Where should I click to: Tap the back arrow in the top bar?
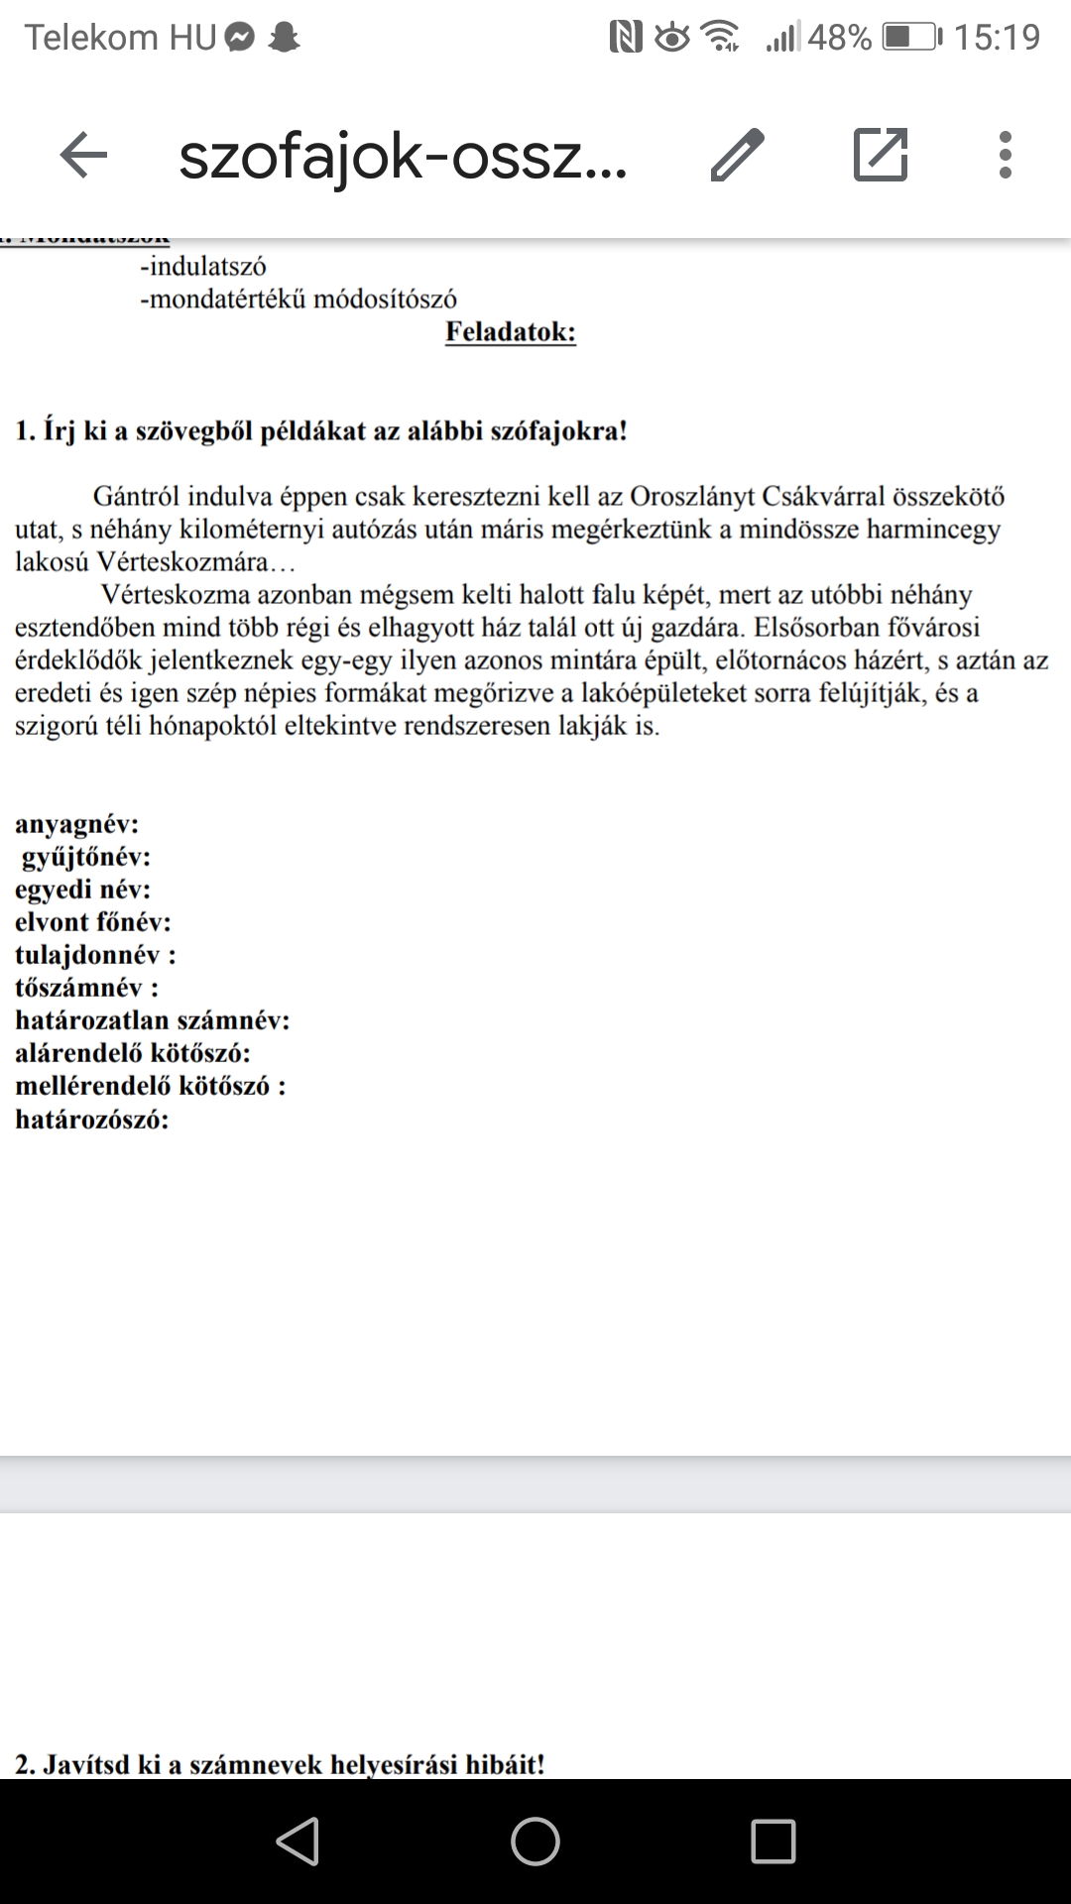(x=83, y=156)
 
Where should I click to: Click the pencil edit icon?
(x=737, y=156)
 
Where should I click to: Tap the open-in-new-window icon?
(x=881, y=156)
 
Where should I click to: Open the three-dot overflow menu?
(x=1005, y=156)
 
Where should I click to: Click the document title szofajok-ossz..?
(x=403, y=158)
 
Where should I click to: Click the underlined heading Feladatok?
(x=510, y=331)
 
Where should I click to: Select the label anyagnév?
(x=76, y=824)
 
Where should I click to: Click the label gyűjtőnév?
(x=86, y=857)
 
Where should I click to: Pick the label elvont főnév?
(x=92, y=922)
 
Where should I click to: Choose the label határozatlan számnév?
(x=152, y=1020)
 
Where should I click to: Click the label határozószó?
(x=91, y=1120)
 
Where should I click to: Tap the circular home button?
(x=535, y=1842)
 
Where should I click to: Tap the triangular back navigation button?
(x=297, y=1842)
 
